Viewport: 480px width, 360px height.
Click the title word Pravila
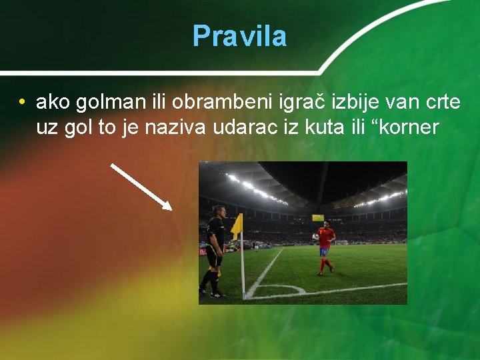click(239, 36)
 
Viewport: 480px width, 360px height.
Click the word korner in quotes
click(407, 127)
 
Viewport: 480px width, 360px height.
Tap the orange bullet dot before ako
click(22, 103)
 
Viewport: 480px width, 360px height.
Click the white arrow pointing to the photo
click(141, 186)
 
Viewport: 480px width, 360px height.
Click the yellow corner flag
click(237, 225)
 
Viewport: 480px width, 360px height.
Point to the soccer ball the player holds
click(315, 237)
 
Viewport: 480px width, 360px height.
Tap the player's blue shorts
click(324, 252)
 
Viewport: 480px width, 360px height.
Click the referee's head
click(217, 211)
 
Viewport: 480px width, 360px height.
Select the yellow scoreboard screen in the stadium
click(318, 217)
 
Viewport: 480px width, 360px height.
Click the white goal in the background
click(341, 243)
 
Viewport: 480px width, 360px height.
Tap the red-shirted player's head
click(325, 225)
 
